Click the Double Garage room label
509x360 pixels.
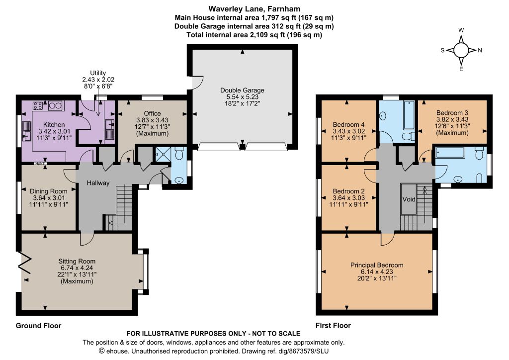point(242,90)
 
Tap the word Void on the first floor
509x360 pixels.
point(409,199)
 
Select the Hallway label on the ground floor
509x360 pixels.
point(98,183)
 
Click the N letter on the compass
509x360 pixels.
point(480,50)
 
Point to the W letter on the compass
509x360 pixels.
point(461,30)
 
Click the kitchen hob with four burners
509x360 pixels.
point(38,106)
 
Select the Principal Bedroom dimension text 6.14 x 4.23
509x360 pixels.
point(377,271)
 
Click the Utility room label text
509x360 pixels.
point(98,73)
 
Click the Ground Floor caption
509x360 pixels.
point(39,326)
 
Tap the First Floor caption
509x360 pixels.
point(334,326)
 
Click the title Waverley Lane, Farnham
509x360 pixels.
point(254,9)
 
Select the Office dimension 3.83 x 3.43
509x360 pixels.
point(152,120)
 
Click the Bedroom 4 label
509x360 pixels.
point(348,125)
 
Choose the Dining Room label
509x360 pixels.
point(49,191)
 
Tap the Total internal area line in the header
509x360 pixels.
point(254,35)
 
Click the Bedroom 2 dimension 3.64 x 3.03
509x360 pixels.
point(348,198)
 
